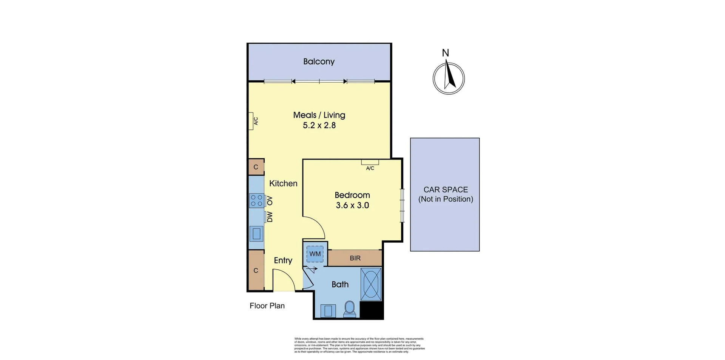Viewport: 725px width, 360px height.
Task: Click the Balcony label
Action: pyautogui.click(x=319, y=62)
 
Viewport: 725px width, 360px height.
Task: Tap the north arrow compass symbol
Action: pyautogui.click(x=449, y=78)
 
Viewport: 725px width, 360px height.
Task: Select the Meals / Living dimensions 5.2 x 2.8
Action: pyautogui.click(x=319, y=125)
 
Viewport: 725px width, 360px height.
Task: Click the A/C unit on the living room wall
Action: pyautogui.click(x=251, y=121)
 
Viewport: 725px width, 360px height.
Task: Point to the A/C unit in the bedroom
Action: pyautogui.click(x=370, y=162)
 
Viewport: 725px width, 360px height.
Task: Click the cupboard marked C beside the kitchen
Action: pyautogui.click(x=256, y=167)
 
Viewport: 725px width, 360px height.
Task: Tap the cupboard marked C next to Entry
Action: pyautogui.click(x=256, y=270)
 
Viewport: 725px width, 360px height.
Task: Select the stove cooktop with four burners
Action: pyautogui.click(x=256, y=200)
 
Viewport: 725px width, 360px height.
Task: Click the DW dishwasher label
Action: pyautogui.click(x=270, y=217)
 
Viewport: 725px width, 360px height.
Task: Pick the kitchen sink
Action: pyautogui.click(x=256, y=234)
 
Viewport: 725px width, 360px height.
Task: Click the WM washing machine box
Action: pyautogui.click(x=315, y=254)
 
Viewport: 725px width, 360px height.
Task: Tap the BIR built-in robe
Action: pyautogui.click(x=355, y=258)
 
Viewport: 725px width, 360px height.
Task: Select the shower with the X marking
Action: pyautogui.click(x=371, y=284)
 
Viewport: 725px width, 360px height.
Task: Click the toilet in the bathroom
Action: pyautogui.click(x=350, y=309)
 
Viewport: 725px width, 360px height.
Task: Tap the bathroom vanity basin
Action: pyautogui.click(x=328, y=311)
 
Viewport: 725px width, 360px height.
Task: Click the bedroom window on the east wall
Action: pyautogui.click(x=403, y=205)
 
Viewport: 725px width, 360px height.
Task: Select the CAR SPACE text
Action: pyautogui.click(x=446, y=190)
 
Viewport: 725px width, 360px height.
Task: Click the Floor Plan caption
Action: pyautogui.click(x=267, y=306)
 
